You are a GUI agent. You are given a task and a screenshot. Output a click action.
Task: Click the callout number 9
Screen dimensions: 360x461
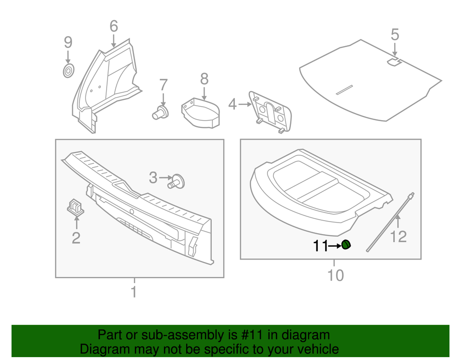[68, 42]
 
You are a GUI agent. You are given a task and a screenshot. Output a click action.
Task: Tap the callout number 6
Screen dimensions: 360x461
[113, 26]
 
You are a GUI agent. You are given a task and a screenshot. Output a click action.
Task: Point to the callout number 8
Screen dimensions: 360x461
[204, 78]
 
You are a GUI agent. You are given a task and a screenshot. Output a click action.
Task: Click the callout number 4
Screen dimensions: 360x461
[232, 104]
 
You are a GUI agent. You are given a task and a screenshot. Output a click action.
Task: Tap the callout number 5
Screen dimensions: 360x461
[394, 35]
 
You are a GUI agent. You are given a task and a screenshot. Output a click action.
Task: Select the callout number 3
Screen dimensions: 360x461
[153, 178]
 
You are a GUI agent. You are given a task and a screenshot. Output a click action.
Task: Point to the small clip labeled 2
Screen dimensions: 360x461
[74, 207]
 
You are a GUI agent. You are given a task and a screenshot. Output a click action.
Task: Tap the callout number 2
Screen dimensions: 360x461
[76, 237]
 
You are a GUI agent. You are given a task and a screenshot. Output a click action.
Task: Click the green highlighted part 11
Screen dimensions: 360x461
[346, 245]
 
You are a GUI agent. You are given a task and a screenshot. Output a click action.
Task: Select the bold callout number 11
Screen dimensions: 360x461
[320, 246]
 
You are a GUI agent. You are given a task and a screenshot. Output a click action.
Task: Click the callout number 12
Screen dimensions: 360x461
[399, 236]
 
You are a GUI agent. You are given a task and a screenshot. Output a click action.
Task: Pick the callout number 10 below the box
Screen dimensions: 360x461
[336, 275]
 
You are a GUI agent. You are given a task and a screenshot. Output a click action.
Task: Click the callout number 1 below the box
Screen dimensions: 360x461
[134, 291]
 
